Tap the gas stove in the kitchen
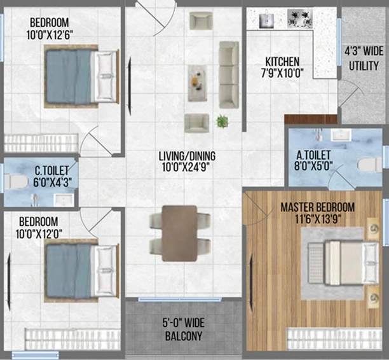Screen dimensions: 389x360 tap(300, 18)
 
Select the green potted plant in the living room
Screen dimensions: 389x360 tap(222, 121)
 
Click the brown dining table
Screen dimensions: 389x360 tap(179, 233)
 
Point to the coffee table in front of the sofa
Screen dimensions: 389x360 tap(198, 83)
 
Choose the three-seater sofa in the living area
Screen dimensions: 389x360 tap(229, 74)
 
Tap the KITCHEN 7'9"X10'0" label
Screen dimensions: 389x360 tap(282, 67)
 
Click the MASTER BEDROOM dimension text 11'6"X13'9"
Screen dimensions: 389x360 tap(318, 219)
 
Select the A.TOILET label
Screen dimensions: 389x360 tap(313, 155)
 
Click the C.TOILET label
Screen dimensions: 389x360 tap(52, 171)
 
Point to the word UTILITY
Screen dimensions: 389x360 tap(364, 66)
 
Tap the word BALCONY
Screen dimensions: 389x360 tap(184, 336)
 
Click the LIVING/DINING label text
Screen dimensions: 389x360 tap(187, 156)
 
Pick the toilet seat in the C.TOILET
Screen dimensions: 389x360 tap(15, 181)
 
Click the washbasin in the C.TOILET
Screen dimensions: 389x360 tap(64, 200)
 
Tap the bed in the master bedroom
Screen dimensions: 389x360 tap(344, 263)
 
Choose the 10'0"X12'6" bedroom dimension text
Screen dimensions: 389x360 tap(50, 35)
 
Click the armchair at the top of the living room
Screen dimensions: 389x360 tap(201, 21)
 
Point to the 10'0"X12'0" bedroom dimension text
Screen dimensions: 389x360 tap(39, 233)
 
